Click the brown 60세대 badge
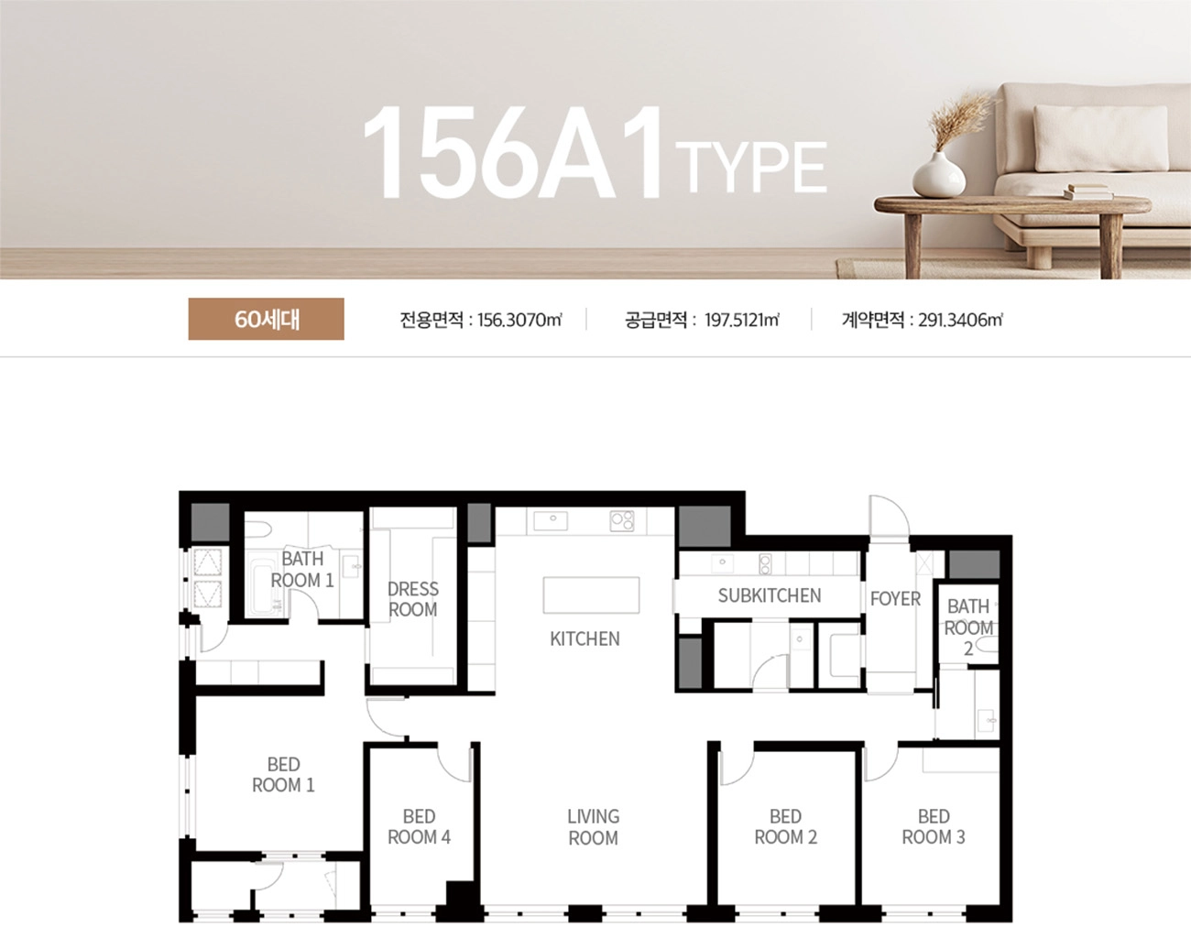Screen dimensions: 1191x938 266,319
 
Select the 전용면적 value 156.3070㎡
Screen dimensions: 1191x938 519,320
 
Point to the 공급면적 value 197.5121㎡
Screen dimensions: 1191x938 741,320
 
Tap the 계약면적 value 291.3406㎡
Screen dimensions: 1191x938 961,320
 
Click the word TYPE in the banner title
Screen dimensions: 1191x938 751,167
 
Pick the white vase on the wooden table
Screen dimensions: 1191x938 939,175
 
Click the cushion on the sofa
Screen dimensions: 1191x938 1101,137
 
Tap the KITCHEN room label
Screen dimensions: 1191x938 585,639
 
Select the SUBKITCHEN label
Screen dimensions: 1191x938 770,595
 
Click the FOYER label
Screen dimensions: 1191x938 895,599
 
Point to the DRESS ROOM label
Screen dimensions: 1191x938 413,599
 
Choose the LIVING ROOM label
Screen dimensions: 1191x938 594,827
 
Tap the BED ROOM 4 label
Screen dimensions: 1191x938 419,826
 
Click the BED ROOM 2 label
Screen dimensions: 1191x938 785,826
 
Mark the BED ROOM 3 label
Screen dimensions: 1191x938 934,826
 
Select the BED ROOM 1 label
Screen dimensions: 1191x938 283,774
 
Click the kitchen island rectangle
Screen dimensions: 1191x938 591,594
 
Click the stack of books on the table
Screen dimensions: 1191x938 1087,191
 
